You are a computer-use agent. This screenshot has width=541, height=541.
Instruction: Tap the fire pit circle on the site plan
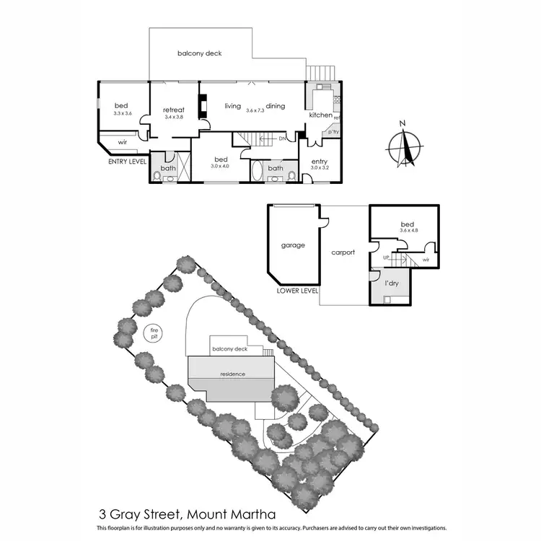point(152,333)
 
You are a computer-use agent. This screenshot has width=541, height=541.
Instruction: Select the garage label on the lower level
point(292,245)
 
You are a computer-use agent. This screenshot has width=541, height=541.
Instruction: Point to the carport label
point(344,253)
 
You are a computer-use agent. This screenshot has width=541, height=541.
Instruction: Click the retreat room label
point(174,110)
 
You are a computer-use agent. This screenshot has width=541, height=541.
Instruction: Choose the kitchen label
point(320,115)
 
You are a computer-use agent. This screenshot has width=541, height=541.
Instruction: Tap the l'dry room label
point(392,284)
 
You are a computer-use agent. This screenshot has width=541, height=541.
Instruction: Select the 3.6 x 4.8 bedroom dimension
point(408,232)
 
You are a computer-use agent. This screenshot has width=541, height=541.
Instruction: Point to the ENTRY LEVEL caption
point(127,162)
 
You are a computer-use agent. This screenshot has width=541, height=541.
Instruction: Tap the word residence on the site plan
point(233,374)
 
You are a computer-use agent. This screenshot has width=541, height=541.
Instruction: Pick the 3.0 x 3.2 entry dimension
point(319,168)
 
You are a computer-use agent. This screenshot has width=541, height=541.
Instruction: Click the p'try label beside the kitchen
point(333,132)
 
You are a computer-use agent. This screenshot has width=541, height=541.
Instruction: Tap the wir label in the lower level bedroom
point(426,260)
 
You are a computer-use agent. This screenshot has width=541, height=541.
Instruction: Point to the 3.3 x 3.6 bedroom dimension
point(123,113)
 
